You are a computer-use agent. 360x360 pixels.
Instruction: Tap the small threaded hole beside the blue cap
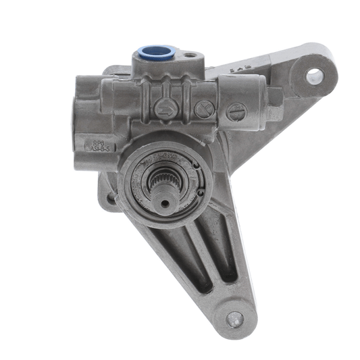tap(192, 56)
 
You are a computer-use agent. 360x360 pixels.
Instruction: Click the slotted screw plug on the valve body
tap(234, 112)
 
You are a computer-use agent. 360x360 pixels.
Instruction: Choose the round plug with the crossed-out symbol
tap(203, 109)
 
